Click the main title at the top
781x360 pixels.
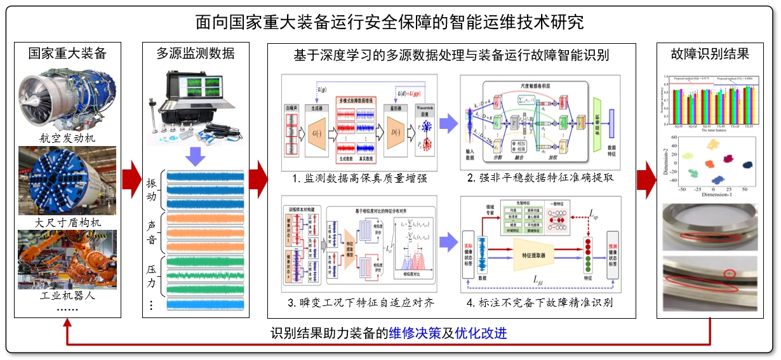coord(390,22)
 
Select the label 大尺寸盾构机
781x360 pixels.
coord(67,223)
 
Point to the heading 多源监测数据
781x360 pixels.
coord(195,53)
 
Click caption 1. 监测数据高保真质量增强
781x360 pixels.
coord(359,178)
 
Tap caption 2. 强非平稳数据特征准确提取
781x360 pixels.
coord(541,178)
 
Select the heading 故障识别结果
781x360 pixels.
coord(710,53)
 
